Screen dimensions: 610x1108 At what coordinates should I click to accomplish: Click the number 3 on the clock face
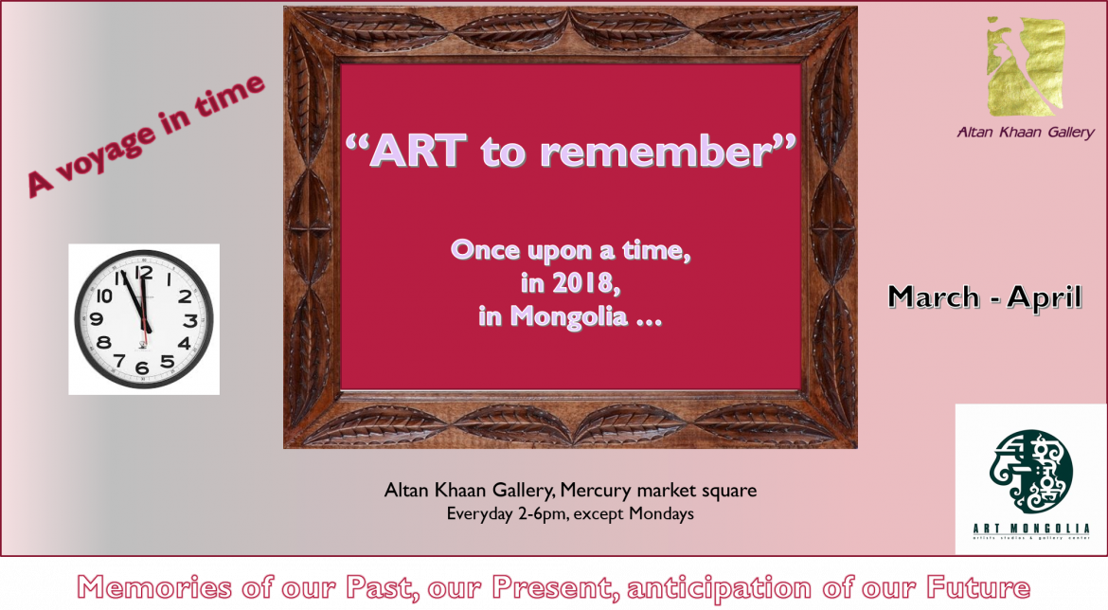189,320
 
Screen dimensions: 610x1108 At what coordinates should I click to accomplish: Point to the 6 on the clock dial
142,368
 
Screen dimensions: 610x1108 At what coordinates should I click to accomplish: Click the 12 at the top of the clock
144,273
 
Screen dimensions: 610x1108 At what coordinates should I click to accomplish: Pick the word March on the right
933,297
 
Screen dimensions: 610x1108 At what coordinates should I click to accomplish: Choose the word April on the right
1044,297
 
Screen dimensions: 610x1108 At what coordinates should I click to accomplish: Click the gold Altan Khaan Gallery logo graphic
1025,65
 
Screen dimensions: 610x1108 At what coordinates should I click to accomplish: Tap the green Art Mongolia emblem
1030,470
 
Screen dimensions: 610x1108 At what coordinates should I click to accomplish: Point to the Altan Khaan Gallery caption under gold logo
1025,133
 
